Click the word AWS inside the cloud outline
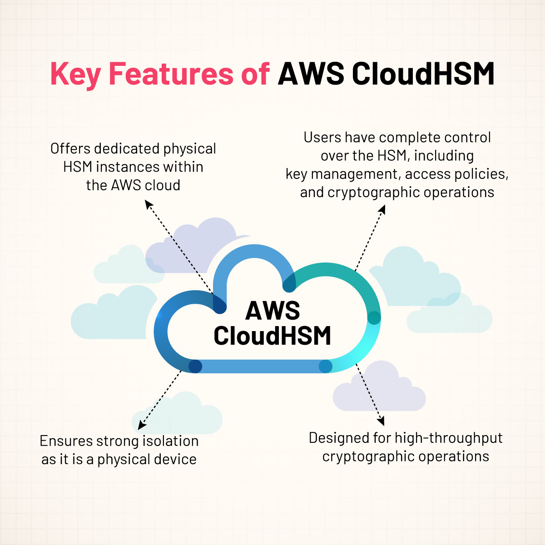pos(272,311)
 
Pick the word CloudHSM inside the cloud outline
pos(272,336)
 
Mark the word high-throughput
pos(449,438)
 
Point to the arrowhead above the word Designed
pos(381,421)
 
